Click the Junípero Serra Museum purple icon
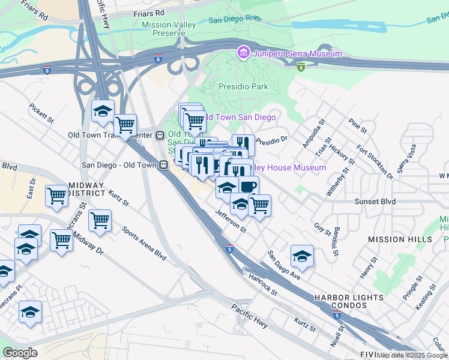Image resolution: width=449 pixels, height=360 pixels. click(x=243, y=53)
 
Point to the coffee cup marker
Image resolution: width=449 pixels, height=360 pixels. click(x=249, y=186)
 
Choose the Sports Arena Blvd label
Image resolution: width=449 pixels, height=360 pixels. click(x=143, y=242)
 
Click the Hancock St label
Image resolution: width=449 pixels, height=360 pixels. click(x=263, y=285)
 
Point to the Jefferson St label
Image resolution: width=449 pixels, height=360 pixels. click(x=231, y=221)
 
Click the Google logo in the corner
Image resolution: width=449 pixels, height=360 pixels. click(x=20, y=352)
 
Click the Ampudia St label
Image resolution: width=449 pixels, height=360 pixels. click(x=313, y=133)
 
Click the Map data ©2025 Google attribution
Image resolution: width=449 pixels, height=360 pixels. click(x=412, y=355)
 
